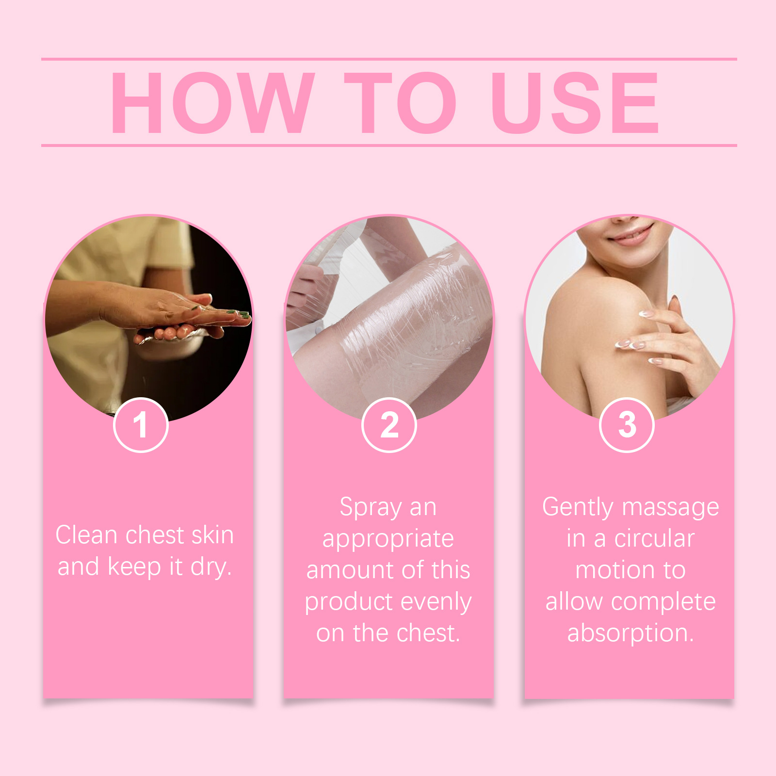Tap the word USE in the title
575,102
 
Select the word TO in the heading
400,102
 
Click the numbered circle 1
141,425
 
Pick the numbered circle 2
389,425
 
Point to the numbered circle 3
627,425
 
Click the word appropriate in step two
388,539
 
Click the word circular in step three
654,539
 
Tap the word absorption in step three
630,633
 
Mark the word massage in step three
671,508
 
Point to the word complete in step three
663,602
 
